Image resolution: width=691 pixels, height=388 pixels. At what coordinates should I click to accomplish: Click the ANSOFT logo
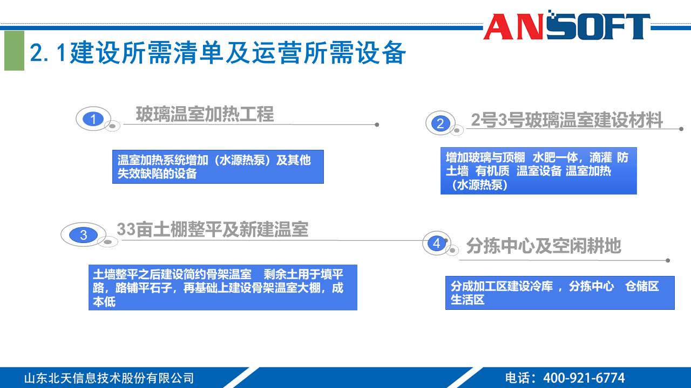click(566, 26)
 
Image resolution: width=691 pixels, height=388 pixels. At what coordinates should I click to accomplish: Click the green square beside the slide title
click(14, 51)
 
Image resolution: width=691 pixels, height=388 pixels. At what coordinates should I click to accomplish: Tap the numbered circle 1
click(93, 119)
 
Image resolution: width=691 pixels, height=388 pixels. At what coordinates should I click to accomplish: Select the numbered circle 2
click(440, 123)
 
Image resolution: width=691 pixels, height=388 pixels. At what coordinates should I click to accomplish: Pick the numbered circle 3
click(83, 235)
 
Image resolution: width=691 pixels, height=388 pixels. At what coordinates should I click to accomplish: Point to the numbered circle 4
click(436, 243)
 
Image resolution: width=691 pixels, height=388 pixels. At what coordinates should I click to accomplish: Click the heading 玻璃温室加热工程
click(205, 114)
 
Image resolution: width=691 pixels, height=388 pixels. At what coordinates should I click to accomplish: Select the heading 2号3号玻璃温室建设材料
click(566, 120)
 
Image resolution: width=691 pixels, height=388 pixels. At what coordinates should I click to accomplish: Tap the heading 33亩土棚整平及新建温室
click(212, 230)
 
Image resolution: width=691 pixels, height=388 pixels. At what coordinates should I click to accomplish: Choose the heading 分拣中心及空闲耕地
click(543, 246)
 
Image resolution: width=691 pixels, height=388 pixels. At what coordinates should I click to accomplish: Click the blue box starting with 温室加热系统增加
click(218, 167)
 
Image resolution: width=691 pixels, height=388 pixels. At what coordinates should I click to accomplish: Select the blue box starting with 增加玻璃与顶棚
click(538, 171)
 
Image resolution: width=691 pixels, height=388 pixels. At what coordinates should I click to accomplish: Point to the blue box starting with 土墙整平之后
click(222, 287)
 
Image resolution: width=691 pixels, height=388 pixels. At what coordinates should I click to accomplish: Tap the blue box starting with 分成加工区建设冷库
click(559, 293)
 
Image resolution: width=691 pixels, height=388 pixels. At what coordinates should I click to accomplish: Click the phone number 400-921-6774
click(584, 378)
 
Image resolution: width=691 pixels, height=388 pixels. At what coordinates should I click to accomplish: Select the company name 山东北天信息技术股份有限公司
click(109, 378)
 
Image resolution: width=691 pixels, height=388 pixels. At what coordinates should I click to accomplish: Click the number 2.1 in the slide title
click(49, 53)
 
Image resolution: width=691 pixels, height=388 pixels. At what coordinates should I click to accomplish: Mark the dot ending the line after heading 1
click(377, 124)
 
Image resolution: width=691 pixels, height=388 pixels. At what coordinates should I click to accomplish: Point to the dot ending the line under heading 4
click(668, 260)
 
